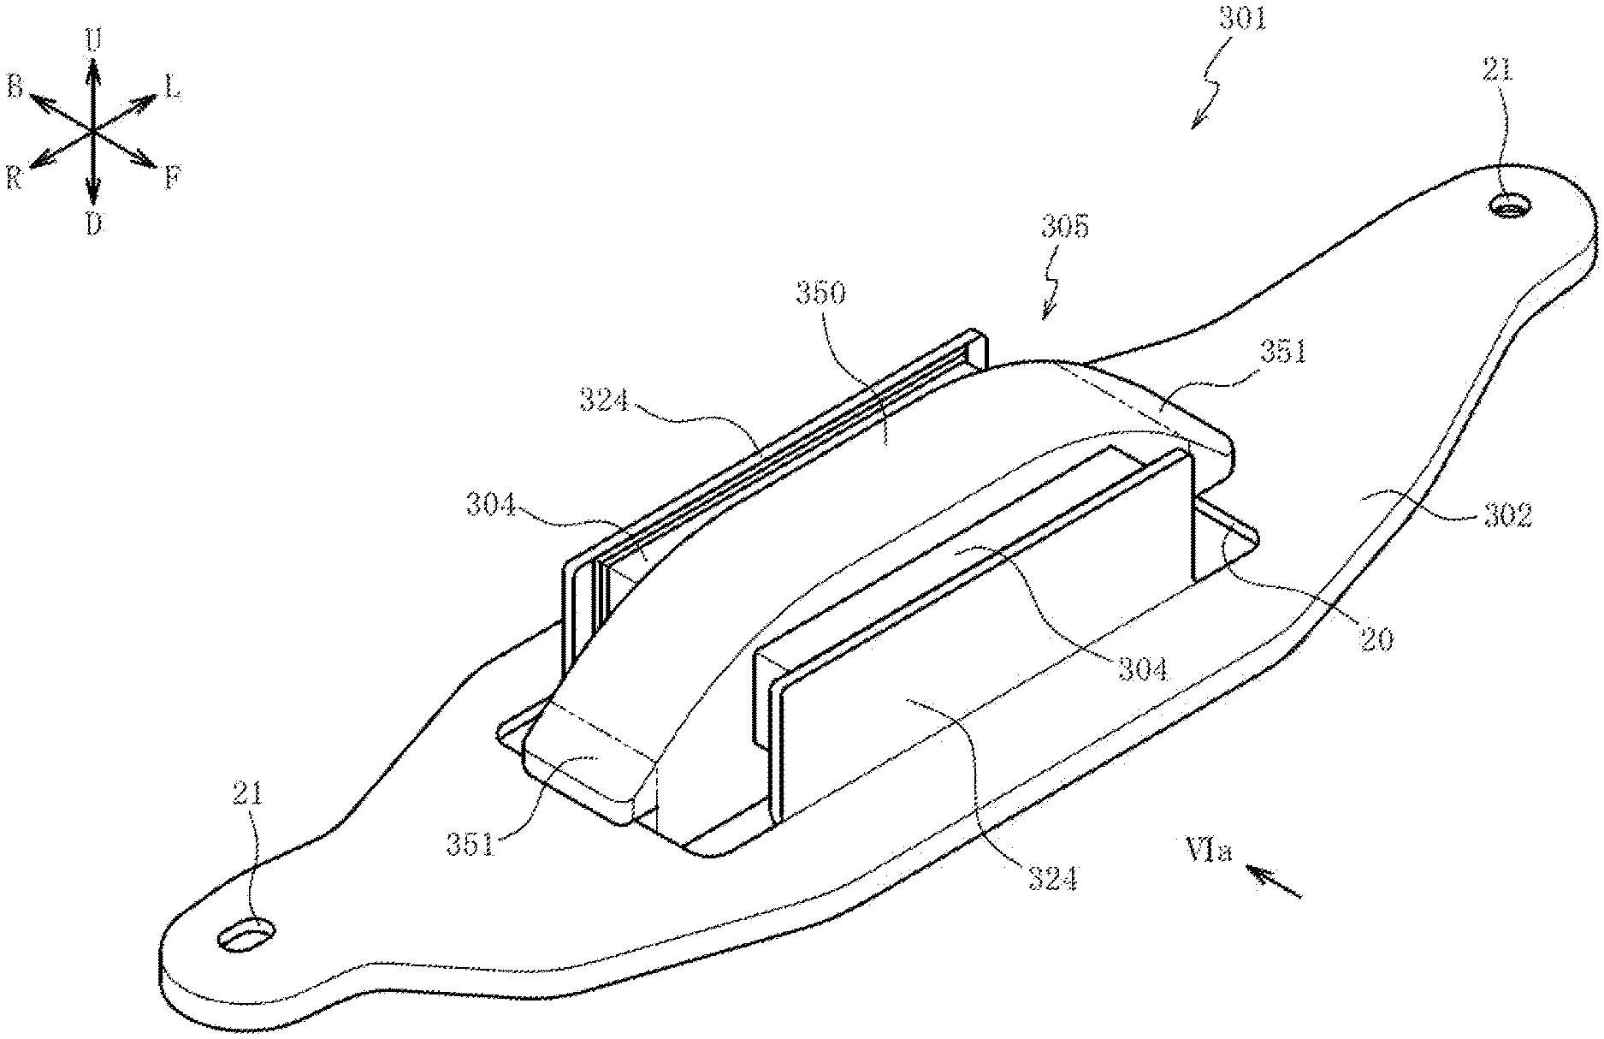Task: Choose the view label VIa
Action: (1208, 852)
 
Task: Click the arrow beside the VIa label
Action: (1273, 882)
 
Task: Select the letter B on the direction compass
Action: (15, 86)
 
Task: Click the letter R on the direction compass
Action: (13, 178)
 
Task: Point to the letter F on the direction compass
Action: (172, 179)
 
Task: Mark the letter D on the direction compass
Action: (93, 225)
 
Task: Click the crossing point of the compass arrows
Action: (92, 133)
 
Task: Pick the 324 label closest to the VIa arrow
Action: (1052, 878)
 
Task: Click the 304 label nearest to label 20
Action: (1143, 668)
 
